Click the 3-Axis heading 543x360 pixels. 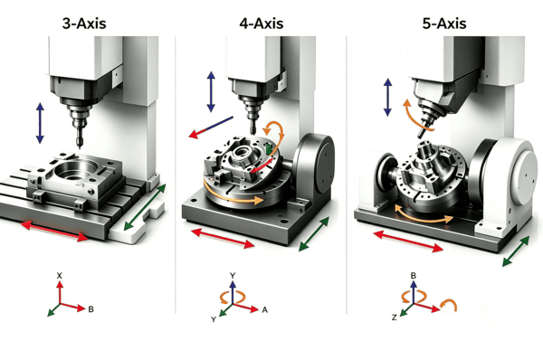point(84,24)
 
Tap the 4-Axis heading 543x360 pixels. point(262,24)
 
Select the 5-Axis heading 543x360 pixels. point(444,24)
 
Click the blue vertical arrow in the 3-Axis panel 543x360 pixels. point(40,123)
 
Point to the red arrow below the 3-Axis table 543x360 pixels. point(54,232)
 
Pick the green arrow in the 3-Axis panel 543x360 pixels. point(145,207)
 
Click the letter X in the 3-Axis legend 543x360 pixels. point(60,276)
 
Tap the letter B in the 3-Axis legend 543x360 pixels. point(90,309)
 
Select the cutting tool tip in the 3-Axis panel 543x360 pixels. point(80,147)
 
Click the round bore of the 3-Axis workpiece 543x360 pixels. point(74,171)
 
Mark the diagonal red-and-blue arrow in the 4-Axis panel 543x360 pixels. point(211,128)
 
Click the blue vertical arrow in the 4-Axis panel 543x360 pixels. point(211,91)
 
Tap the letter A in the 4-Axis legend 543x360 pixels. point(265,310)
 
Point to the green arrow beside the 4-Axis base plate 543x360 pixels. point(314,234)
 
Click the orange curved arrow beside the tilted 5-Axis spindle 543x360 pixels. point(415,117)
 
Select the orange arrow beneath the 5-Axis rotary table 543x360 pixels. point(424,215)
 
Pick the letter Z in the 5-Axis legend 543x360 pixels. point(394,317)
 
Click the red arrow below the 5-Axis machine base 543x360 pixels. point(408,241)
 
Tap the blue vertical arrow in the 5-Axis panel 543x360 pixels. point(388,98)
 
